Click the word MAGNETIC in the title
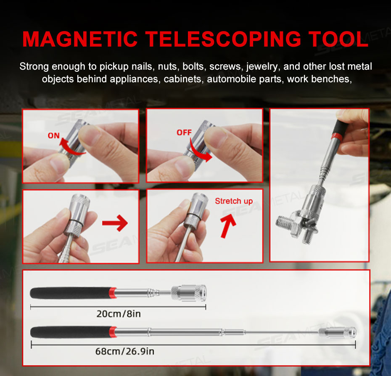pyautogui.click(x=80, y=39)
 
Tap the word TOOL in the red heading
pyautogui.click(x=338, y=39)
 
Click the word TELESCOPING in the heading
pyautogui.click(x=223, y=39)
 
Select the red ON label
pyautogui.click(x=54, y=136)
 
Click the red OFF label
pyautogui.click(x=184, y=133)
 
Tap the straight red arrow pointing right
pyautogui.click(x=115, y=223)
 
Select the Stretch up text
pyautogui.click(x=234, y=201)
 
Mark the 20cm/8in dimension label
pyautogui.click(x=119, y=314)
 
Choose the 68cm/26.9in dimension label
pyautogui.click(x=125, y=351)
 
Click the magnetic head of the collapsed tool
pyautogui.click(x=189, y=293)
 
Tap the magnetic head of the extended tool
pyautogui.click(x=338, y=332)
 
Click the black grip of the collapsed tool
pyautogui.click(x=69, y=293)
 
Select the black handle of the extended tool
pyautogui.click(x=70, y=332)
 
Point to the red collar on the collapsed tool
pyautogui.click(x=113, y=293)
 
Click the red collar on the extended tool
pyautogui.click(x=113, y=332)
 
